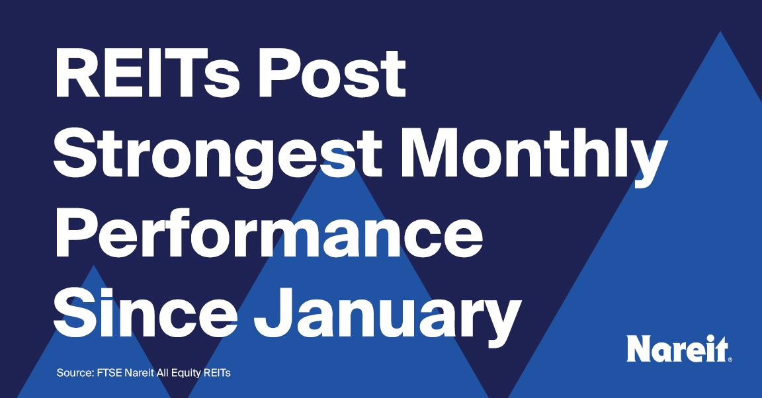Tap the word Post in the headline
tap(332, 73)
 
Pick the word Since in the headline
tap(146, 313)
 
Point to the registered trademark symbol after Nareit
tap(730, 359)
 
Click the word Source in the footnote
tap(74, 374)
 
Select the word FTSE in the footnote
tap(108, 374)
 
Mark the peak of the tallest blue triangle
tap(720, 32)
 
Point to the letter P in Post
tap(277, 73)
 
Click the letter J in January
tap(273, 313)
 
